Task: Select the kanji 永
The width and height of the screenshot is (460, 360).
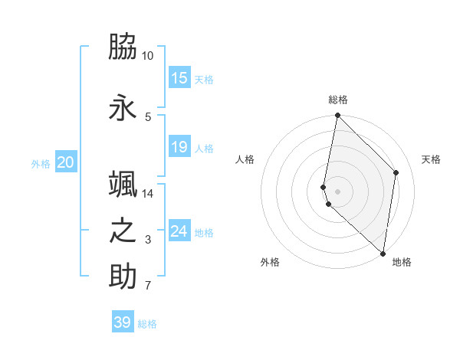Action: click(123, 108)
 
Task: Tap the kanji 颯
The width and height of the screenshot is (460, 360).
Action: click(123, 184)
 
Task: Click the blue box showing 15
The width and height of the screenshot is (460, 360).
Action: click(179, 78)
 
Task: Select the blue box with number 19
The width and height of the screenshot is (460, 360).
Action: click(179, 147)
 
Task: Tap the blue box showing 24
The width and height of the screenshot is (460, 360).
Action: click(179, 231)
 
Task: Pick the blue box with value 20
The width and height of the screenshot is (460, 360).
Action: click(66, 162)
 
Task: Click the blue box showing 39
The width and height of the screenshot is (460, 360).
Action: click(123, 322)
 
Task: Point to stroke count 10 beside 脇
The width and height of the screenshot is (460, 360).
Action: click(148, 56)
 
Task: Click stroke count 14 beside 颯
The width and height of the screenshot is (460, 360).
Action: click(148, 193)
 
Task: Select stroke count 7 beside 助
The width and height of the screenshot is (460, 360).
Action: click(148, 286)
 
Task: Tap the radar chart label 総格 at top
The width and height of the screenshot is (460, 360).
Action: click(337, 100)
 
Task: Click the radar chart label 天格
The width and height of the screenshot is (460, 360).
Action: click(431, 159)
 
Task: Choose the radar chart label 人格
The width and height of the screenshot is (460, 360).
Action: click(245, 159)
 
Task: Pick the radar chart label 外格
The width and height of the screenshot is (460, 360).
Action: click(270, 262)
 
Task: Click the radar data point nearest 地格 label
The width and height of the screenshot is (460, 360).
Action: click(383, 254)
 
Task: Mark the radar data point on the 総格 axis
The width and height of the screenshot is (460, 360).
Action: click(337, 116)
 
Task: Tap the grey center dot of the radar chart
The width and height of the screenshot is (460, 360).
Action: click(337, 191)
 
